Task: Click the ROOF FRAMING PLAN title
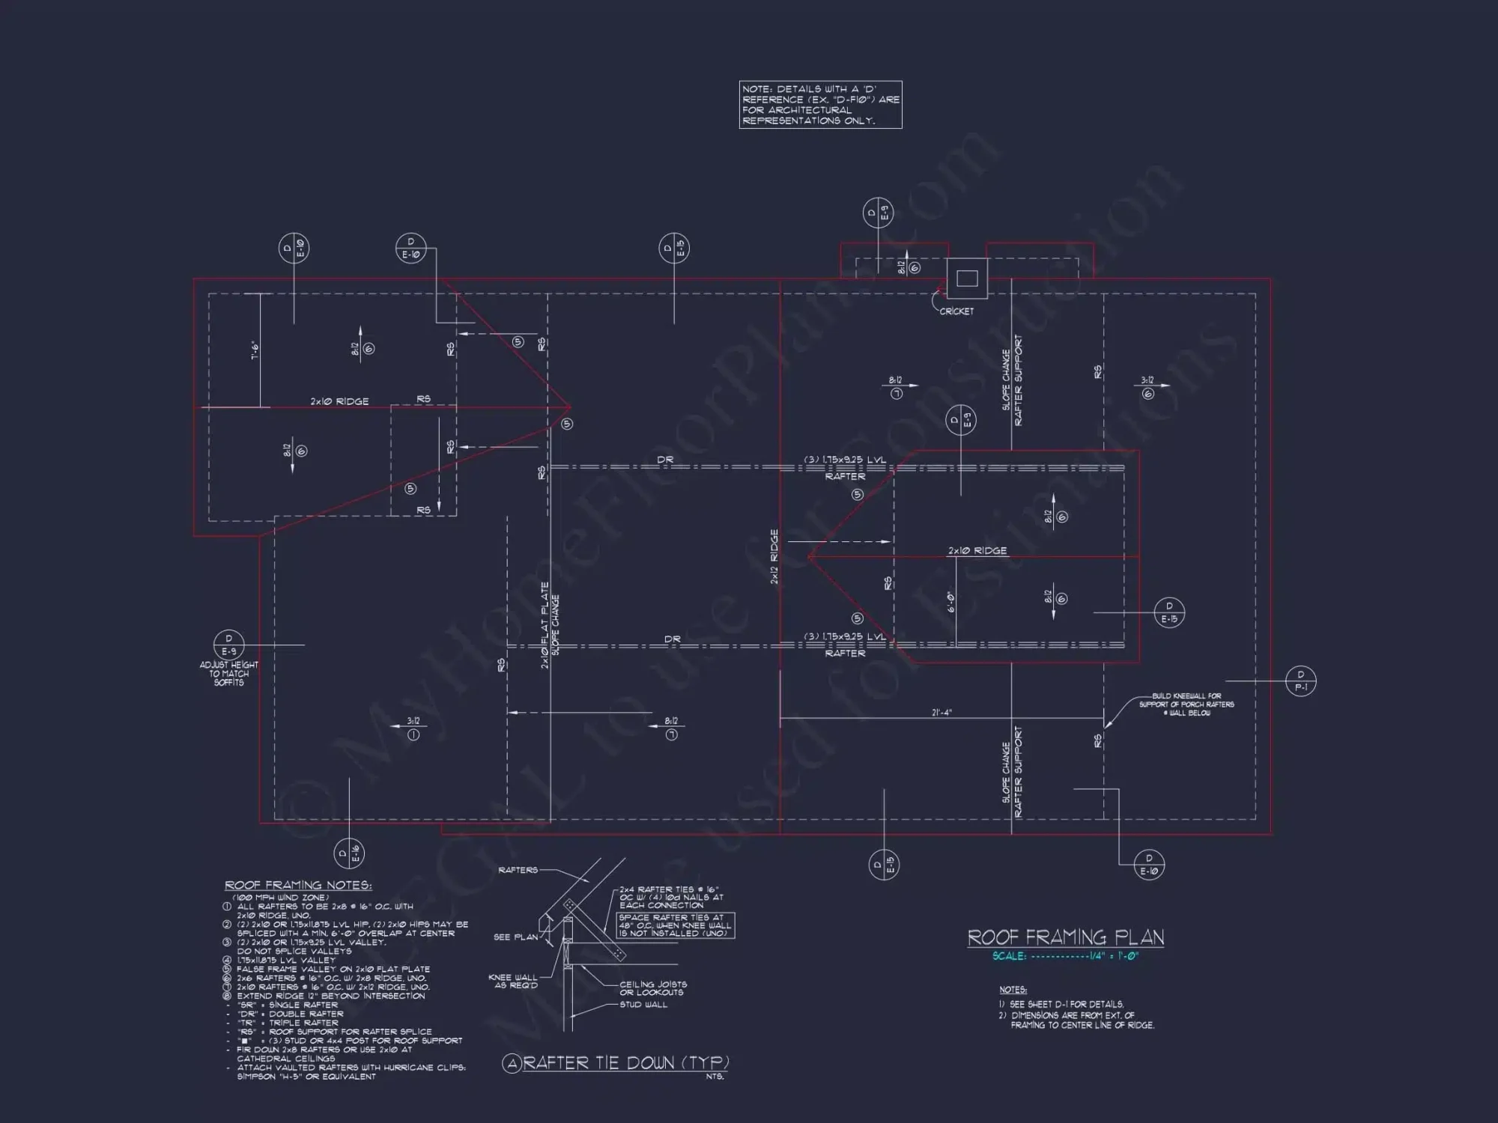coord(1065,937)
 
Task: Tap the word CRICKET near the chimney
coord(956,311)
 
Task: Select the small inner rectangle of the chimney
coord(967,279)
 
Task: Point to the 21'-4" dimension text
coord(941,713)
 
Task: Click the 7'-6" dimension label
coord(255,350)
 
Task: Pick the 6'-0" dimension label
coord(950,602)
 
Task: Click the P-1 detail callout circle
coord(1300,681)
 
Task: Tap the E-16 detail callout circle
coord(349,853)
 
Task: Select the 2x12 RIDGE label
coord(774,556)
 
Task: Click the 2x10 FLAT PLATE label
coord(545,625)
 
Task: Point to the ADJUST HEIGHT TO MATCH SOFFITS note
coord(228,674)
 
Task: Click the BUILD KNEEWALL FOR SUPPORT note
coord(1186,704)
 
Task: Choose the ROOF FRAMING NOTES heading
coord(298,886)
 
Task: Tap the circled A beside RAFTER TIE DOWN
coord(512,1064)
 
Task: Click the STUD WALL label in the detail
coord(643,1005)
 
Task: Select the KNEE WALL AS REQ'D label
coord(513,981)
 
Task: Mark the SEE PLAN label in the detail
coord(515,937)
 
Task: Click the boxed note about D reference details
coord(820,105)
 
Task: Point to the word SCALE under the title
coord(1008,956)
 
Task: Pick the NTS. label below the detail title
coord(715,1077)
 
